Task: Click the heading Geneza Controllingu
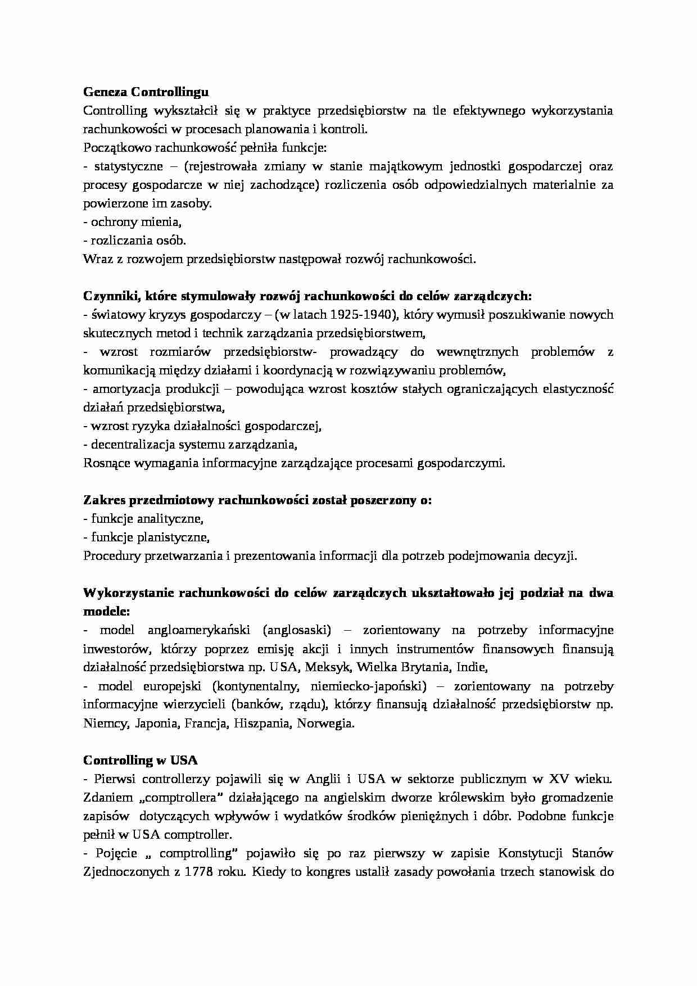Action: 146,92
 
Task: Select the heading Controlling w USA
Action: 141,761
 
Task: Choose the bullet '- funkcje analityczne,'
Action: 143,519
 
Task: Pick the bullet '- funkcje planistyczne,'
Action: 146,537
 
